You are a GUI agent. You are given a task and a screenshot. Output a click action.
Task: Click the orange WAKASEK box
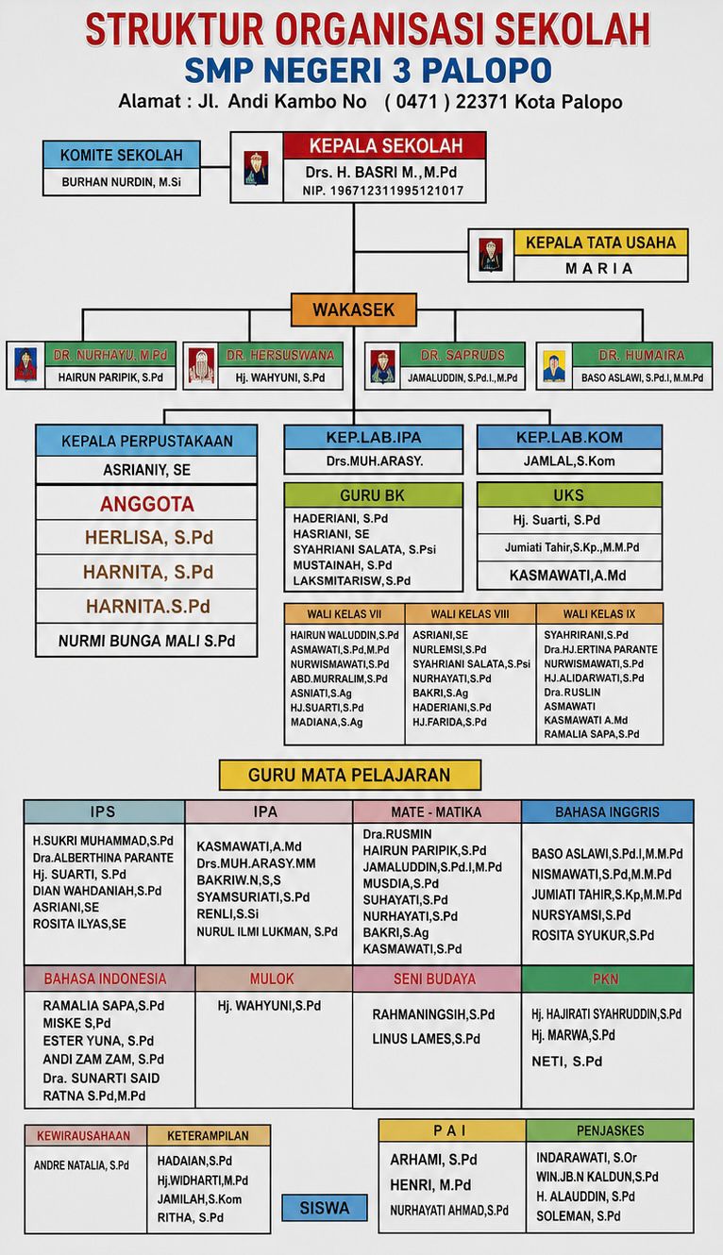[354, 310]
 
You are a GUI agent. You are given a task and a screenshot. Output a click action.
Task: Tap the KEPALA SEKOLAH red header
[384, 145]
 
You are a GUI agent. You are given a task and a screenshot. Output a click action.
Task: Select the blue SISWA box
[325, 1208]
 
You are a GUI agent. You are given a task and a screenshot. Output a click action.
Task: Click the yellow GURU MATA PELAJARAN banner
[350, 775]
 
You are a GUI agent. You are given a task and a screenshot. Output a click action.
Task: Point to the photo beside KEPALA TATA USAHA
[491, 255]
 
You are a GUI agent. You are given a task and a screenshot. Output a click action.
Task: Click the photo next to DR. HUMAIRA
[554, 367]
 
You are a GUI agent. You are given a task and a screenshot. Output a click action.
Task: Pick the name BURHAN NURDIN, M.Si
[121, 182]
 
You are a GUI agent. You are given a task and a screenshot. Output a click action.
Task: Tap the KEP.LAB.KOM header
[569, 437]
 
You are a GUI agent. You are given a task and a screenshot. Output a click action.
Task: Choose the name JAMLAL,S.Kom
[569, 461]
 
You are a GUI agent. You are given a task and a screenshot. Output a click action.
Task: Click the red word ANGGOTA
[147, 504]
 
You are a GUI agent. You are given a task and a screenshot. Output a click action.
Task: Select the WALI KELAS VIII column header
[470, 614]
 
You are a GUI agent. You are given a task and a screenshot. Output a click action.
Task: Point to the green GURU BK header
[373, 495]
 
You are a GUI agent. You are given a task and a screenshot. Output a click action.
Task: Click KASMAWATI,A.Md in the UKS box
[568, 576]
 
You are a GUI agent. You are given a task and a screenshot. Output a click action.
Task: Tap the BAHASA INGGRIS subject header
[608, 812]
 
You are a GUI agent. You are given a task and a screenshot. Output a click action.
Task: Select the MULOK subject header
[273, 979]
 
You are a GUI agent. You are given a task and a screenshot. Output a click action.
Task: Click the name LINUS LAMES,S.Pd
[426, 1039]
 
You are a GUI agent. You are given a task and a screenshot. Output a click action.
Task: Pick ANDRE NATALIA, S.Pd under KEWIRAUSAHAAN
[81, 1164]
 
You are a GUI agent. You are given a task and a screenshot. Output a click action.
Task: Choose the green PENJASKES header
[610, 1130]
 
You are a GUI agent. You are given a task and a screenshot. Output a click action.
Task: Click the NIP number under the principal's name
[383, 191]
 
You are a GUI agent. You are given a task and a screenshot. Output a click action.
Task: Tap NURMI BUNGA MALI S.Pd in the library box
[147, 641]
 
